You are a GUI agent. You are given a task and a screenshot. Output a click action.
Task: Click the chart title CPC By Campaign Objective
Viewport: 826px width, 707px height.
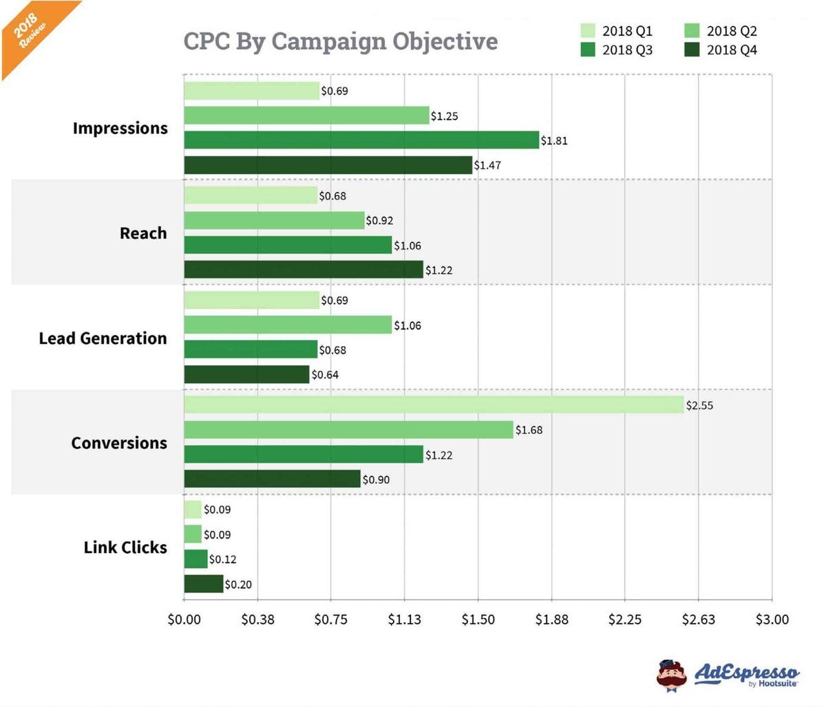click(x=340, y=41)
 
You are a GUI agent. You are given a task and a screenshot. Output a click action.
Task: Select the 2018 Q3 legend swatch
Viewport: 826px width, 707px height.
click(x=587, y=50)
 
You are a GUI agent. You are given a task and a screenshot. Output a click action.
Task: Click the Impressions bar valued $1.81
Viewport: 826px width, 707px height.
click(x=361, y=140)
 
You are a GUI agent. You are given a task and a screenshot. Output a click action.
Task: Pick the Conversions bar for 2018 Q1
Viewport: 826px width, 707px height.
click(x=434, y=404)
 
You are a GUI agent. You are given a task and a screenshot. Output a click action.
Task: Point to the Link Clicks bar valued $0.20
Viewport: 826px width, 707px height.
click(x=204, y=584)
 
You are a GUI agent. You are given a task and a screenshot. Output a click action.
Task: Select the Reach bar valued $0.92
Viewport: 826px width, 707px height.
click(x=274, y=220)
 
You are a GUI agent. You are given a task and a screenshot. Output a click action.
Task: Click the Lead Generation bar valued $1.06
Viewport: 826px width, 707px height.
click(x=288, y=325)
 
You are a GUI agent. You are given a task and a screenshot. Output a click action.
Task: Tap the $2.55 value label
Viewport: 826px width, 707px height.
click(x=699, y=405)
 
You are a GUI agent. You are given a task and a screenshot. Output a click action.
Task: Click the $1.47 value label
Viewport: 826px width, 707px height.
click(x=487, y=165)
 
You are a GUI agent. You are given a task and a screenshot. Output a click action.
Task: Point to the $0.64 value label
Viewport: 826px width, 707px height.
click(x=325, y=375)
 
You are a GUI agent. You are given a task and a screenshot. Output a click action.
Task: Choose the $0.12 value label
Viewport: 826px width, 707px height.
click(x=222, y=559)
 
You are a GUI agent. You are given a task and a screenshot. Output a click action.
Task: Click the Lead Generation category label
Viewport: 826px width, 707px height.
click(x=103, y=338)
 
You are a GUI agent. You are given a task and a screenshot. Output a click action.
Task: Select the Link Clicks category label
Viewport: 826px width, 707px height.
click(x=125, y=547)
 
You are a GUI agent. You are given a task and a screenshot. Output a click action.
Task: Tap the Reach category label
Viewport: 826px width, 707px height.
click(x=143, y=233)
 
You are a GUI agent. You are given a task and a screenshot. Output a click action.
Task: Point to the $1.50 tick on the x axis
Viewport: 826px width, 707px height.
click(x=478, y=619)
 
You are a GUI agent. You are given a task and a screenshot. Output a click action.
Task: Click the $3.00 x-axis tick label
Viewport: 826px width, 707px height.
click(x=772, y=619)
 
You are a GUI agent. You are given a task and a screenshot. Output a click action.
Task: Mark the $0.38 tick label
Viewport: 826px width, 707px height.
click(x=257, y=619)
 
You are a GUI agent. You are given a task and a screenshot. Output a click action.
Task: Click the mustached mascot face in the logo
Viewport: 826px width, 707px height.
click(x=671, y=675)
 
